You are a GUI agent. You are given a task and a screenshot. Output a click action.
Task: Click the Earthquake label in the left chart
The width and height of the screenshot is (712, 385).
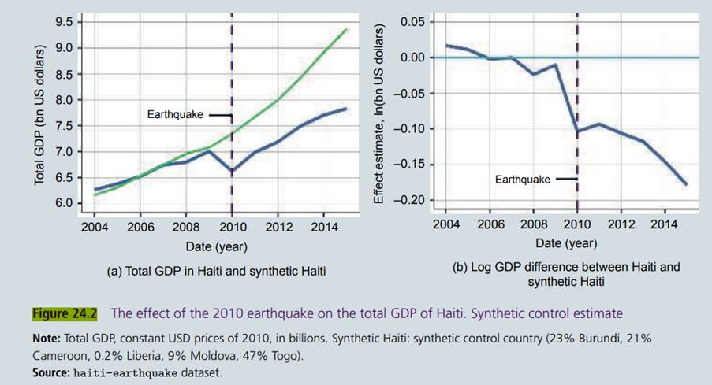175,115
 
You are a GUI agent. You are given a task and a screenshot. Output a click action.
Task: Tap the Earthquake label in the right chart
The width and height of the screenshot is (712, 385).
522,180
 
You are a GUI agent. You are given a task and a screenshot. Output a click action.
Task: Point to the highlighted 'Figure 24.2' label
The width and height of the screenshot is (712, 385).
64,313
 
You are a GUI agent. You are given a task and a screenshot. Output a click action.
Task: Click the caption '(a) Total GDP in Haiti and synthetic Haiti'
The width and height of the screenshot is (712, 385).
215,271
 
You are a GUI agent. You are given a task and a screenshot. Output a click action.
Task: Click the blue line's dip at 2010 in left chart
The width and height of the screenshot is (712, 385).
232,170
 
